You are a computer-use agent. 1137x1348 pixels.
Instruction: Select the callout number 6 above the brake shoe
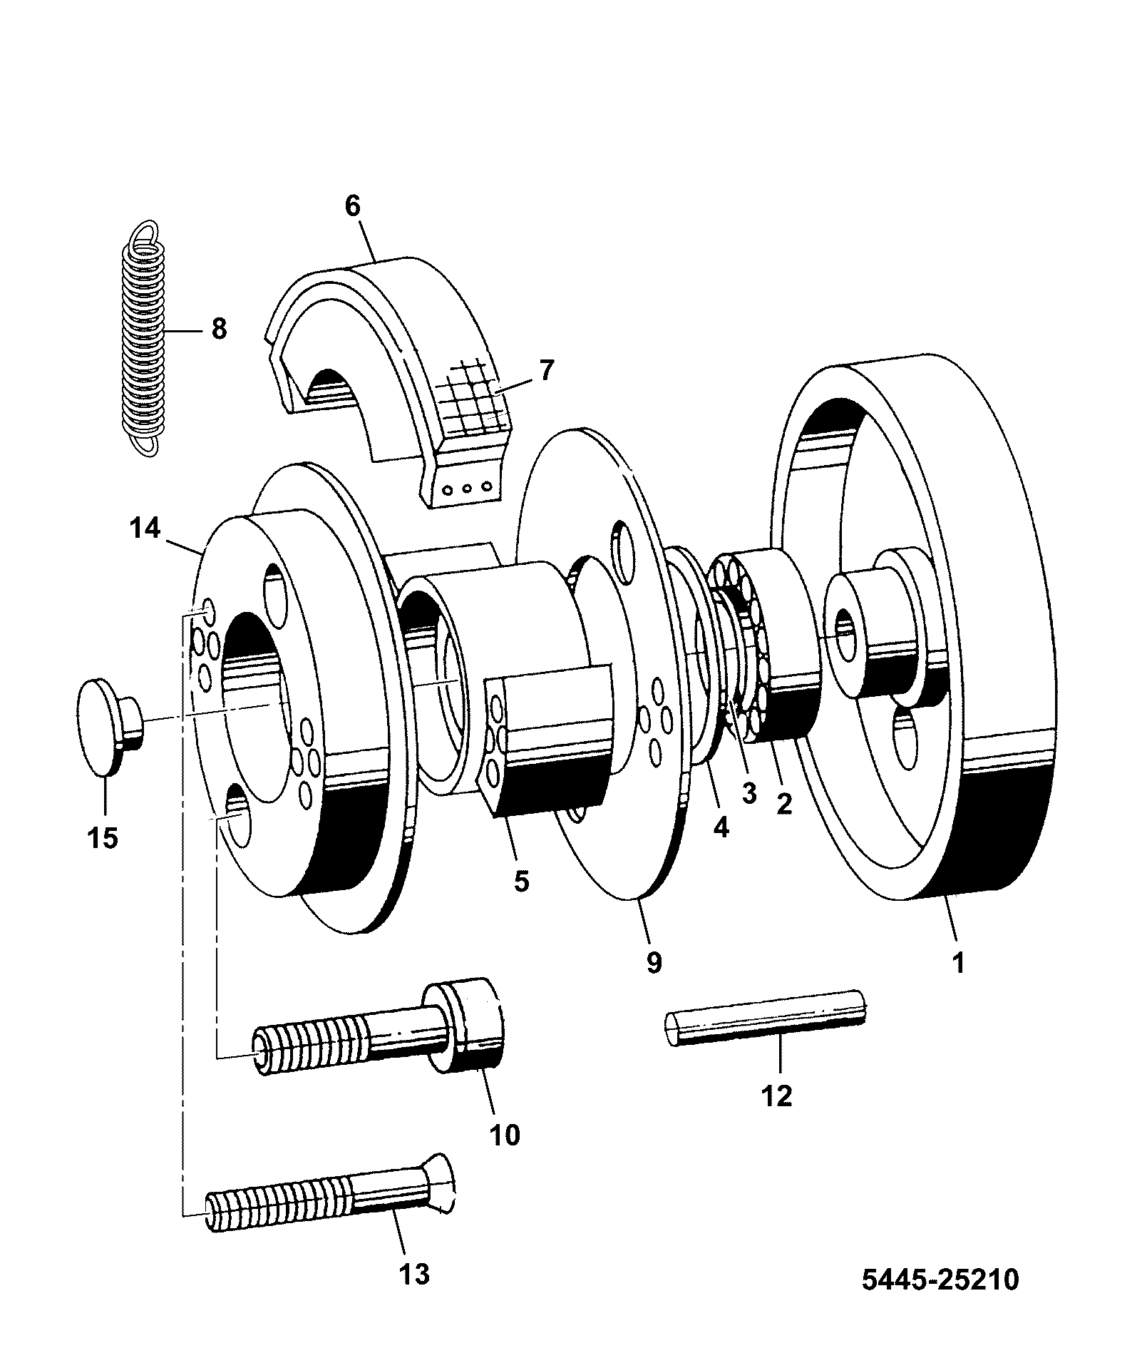(x=353, y=206)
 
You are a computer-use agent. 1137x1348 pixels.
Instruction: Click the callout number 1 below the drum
(x=959, y=962)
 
